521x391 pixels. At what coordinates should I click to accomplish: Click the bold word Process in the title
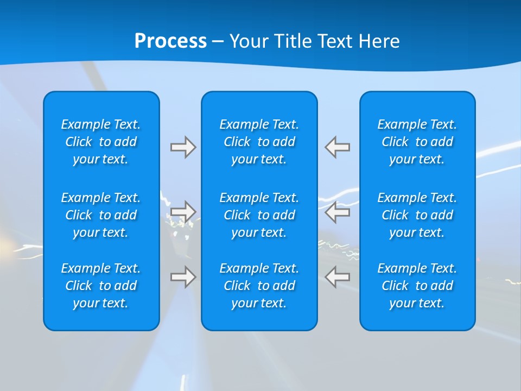click(x=170, y=41)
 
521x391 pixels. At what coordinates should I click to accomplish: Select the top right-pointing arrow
click(x=183, y=147)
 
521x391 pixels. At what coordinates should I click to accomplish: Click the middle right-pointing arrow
click(x=183, y=211)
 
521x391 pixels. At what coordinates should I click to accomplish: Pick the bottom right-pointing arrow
click(x=183, y=277)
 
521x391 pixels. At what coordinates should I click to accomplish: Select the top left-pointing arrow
click(x=338, y=147)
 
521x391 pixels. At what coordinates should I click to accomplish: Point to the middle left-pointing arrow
click(x=338, y=211)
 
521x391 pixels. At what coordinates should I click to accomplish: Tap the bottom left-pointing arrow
click(x=338, y=277)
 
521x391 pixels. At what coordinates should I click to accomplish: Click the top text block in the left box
click(x=101, y=142)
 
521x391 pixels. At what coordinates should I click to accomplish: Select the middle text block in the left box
click(x=101, y=215)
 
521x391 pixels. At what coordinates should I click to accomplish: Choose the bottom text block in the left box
click(x=101, y=286)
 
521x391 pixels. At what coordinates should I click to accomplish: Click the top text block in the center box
click(x=259, y=142)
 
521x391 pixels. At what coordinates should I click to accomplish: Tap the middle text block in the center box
click(x=259, y=215)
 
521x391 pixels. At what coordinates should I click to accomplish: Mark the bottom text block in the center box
click(x=259, y=286)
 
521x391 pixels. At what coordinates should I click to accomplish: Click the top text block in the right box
click(x=417, y=142)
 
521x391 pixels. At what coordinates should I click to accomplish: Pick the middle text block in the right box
click(x=417, y=215)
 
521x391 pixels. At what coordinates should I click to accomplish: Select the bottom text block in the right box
click(x=417, y=286)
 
